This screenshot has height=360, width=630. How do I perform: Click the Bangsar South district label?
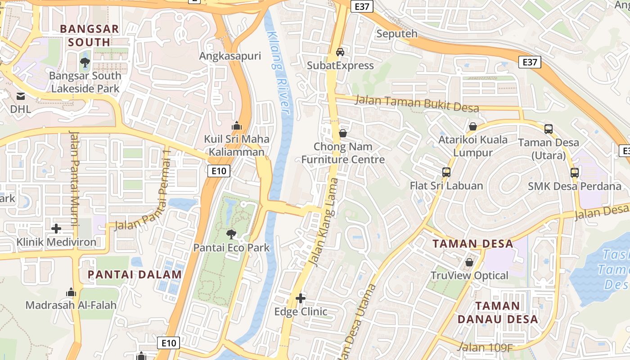(90, 36)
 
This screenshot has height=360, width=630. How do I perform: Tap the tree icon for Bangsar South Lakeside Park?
(85, 62)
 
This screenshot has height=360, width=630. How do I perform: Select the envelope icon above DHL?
(21, 96)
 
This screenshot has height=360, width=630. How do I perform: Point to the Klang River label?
(279, 72)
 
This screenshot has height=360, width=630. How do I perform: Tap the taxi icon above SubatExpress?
(340, 52)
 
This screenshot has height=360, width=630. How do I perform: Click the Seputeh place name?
(396, 34)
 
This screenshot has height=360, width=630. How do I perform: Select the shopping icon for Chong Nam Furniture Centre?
(343, 133)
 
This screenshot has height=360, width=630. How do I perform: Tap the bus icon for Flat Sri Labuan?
(446, 172)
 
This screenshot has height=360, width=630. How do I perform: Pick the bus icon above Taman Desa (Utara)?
(548, 129)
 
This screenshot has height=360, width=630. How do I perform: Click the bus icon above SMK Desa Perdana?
(574, 172)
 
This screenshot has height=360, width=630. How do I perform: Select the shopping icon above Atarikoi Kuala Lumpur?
(472, 126)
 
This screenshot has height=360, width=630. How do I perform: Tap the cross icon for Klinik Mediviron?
(56, 229)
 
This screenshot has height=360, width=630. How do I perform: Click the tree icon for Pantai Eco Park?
(231, 234)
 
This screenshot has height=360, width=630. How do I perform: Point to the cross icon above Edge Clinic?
(301, 298)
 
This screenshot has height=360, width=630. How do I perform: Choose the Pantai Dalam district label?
(135, 274)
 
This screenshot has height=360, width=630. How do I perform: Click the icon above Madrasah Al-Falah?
(71, 292)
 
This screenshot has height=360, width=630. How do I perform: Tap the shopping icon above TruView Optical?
(469, 262)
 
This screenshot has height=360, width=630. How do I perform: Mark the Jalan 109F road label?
(485, 347)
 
